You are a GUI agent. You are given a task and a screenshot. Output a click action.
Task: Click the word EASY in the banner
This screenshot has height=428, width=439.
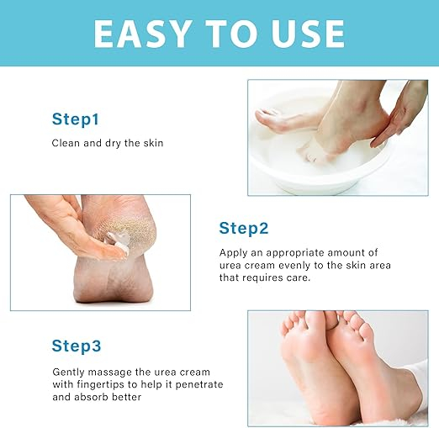(141, 34)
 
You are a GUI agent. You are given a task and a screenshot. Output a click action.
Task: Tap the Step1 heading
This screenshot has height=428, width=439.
(76, 119)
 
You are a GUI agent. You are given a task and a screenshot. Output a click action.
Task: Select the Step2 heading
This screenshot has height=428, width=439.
(244, 228)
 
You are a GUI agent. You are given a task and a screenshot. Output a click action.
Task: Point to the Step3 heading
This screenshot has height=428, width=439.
(77, 346)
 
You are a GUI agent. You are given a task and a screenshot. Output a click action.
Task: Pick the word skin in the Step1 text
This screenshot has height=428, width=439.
(153, 143)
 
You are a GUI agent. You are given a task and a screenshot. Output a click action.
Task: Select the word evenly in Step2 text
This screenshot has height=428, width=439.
(294, 265)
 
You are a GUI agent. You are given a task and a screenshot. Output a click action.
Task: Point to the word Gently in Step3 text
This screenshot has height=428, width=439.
(68, 373)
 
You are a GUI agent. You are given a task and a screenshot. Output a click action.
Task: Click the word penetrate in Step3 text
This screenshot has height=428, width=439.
(199, 384)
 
